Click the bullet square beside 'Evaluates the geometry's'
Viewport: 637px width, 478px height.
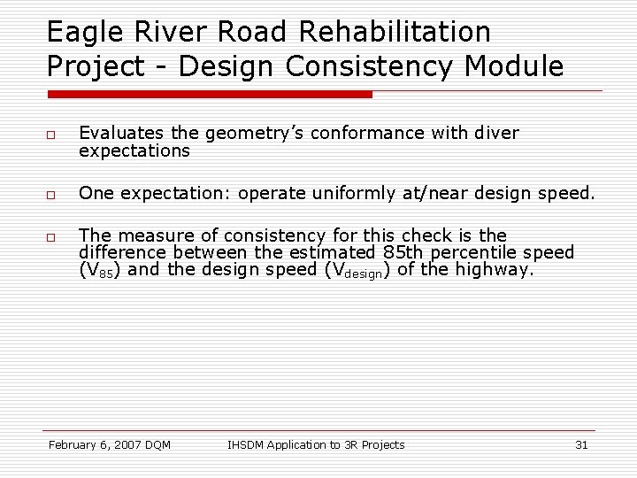52,134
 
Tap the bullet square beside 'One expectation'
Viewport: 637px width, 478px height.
52,193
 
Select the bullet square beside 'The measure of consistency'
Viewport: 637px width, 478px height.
52,236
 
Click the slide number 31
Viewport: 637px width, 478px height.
581,444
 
